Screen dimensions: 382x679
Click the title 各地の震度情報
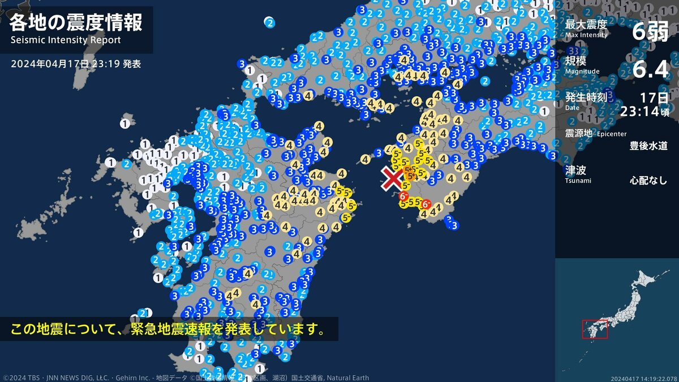(x=76, y=23)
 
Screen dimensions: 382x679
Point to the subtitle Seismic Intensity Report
(x=66, y=40)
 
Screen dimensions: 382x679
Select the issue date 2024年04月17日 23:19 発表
(x=76, y=64)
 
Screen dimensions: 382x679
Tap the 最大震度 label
(x=586, y=24)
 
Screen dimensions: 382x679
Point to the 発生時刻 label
(x=586, y=97)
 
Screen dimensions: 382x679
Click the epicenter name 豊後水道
(x=648, y=145)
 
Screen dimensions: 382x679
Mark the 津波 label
(x=575, y=169)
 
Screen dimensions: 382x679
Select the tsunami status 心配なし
(x=648, y=181)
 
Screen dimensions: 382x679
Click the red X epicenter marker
(x=392, y=179)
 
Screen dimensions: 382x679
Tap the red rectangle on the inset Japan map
(x=595, y=329)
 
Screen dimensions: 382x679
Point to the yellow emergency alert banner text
(x=169, y=329)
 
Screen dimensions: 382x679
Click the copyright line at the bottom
(x=187, y=377)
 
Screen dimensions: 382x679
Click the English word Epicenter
(x=611, y=134)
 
